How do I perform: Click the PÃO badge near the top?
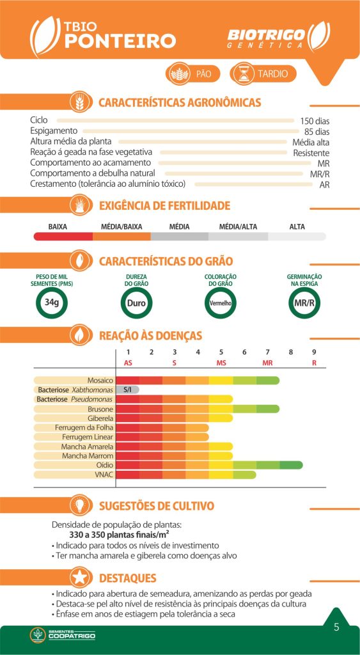point(193,74)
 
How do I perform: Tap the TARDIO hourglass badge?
point(263,74)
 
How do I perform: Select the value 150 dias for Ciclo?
point(315,122)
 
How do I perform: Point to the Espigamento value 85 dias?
point(317,132)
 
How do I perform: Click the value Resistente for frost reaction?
point(311,153)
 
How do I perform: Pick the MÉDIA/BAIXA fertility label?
point(121,227)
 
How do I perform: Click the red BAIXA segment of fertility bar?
point(63,237)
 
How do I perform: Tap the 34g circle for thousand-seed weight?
point(52,303)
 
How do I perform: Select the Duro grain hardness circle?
point(136,303)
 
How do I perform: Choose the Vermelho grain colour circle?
point(221,303)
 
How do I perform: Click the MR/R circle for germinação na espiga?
point(304,303)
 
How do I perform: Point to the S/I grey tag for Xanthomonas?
point(127,390)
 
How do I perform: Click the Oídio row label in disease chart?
point(105,466)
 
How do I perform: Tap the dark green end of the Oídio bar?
point(291,465)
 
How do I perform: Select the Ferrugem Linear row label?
point(88,437)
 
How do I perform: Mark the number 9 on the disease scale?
point(314,352)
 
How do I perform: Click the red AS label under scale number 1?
point(129,363)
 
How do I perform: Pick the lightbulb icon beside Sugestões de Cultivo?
point(81,505)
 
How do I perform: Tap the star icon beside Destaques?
point(81,578)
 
